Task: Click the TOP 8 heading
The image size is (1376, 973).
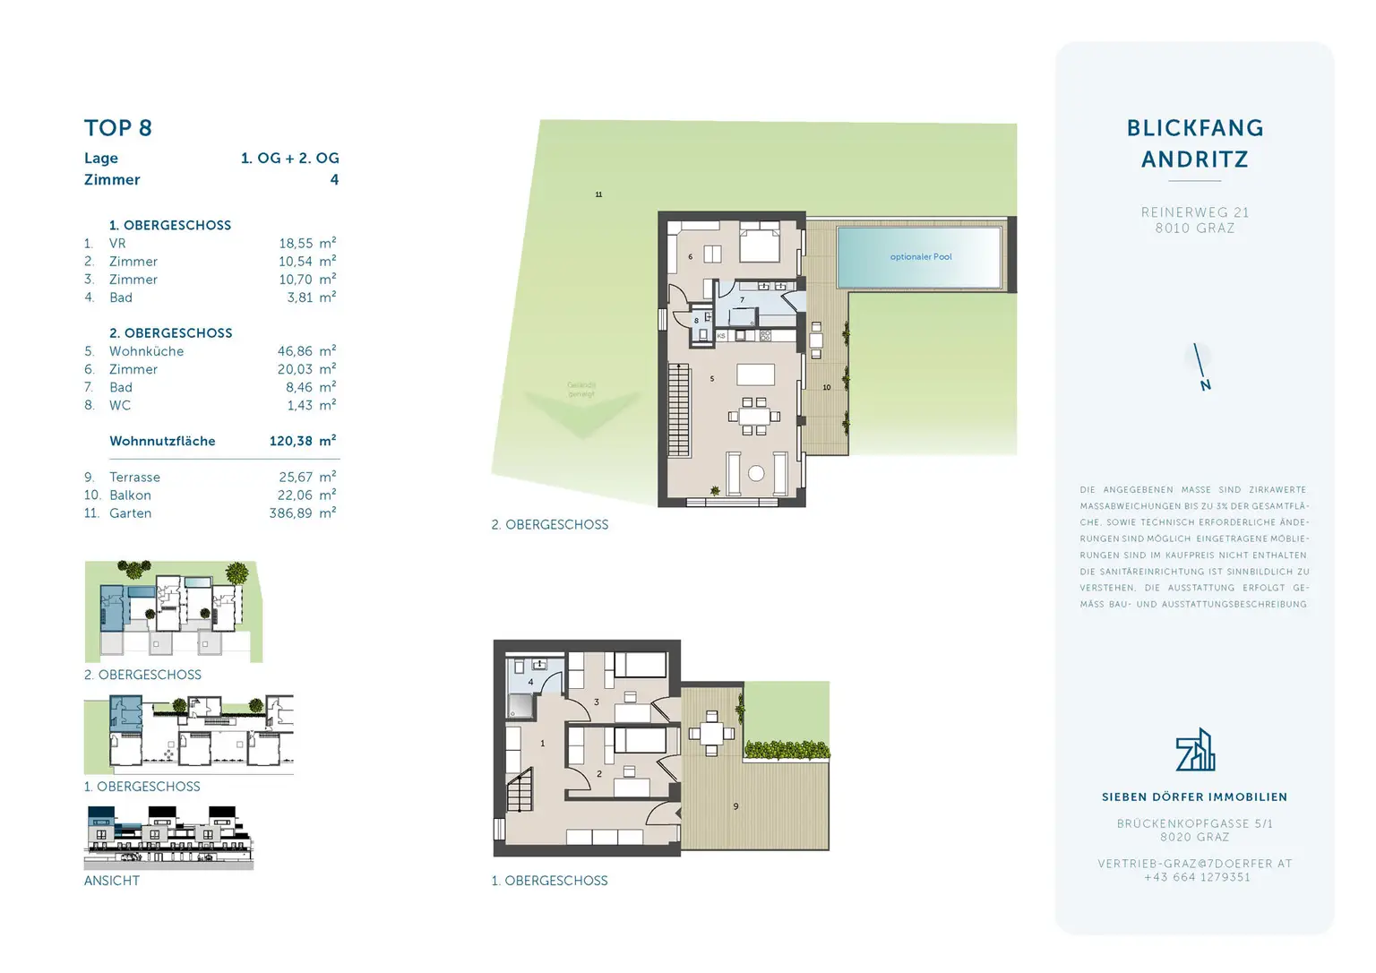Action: click(x=118, y=128)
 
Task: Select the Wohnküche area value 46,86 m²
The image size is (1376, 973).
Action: click(x=306, y=351)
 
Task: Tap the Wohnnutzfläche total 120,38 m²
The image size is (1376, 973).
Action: click(x=302, y=441)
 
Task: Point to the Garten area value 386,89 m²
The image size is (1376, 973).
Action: click(x=302, y=513)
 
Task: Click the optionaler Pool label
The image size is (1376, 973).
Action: click(x=920, y=257)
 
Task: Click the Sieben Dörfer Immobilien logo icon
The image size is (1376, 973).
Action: click(x=1195, y=751)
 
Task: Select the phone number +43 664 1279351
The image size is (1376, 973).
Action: click(x=1196, y=877)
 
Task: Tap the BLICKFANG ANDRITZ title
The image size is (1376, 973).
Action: click(x=1194, y=143)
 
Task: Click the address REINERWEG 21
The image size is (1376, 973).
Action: click(x=1194, y=212)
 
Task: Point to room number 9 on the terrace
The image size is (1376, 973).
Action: click(x=735, y=806)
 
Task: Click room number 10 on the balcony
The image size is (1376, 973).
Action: click(x=826, y=388)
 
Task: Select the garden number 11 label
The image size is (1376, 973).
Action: click(x=598, y=194)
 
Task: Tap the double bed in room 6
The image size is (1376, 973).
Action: click(x=759, y=242)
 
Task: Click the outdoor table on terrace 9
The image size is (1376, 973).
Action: click(x=711, y=734)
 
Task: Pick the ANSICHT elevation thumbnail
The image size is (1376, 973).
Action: click(x=168, y=837)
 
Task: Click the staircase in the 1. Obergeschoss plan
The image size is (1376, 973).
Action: click(x=520, y=794)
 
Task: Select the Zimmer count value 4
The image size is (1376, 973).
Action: click(x=334, y=180)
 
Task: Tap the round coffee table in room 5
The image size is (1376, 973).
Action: click(x=756, y=473)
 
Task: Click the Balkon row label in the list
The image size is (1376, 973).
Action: click(x=130, y=495)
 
